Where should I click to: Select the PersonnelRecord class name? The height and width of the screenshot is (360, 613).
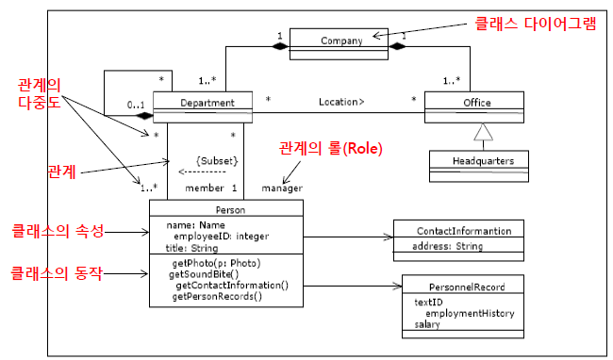pyautogui.click(x=464, y=286)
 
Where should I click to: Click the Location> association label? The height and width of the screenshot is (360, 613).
pyautogui.click(x=340, y=99)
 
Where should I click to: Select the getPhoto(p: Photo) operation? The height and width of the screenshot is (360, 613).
pyautogui.click(x=216, y=263)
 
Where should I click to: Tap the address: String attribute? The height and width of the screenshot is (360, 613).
pyautogui.click(x=448, y=247)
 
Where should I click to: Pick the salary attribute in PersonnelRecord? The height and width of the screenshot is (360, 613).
pyautogui.click(x=427, y=324)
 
